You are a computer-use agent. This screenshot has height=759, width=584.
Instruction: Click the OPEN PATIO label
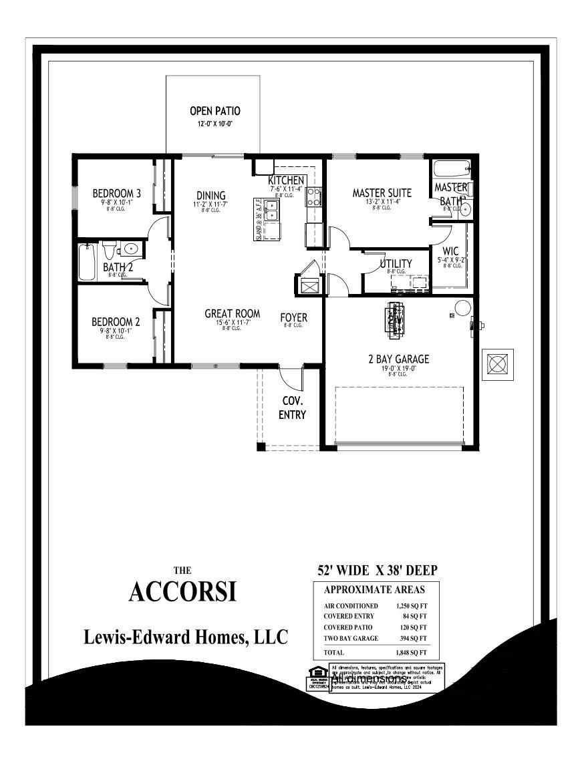(x=214, y=111)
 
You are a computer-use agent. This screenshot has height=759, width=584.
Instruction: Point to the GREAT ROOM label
(x=232, y=313)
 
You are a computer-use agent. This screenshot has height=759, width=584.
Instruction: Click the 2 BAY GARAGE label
(x=398, y=359)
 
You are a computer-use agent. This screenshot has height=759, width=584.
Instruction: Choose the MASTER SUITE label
(x=382, y=193)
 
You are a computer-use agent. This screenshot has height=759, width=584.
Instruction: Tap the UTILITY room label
(x=396, y=263)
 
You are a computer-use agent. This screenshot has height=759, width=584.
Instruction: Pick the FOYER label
(x=293, y=317)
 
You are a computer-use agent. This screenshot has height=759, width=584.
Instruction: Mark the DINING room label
(x=210, y=196)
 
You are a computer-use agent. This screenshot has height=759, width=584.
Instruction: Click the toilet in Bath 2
(x=110, y=251)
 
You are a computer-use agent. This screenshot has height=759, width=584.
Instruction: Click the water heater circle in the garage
(x=462, y=307)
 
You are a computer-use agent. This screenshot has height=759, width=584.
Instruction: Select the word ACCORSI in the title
(x=182, y=591)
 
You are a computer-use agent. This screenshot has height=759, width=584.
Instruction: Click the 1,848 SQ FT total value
(x=411, y=652)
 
